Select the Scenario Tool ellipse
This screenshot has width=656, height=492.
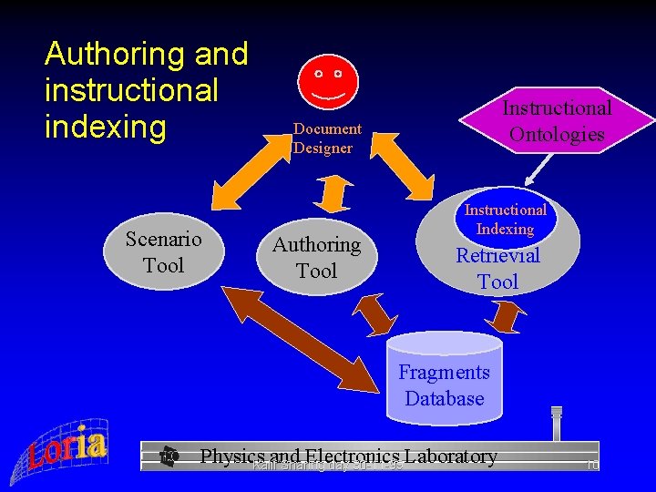(x=163, y=252)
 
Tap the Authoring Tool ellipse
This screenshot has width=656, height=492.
(x=317, y=257)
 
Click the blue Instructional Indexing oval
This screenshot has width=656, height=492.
(x=505, y=219)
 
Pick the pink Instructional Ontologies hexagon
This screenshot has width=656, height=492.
(x=557, y=120)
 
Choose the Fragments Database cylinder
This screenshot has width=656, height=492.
(x=445, y=378)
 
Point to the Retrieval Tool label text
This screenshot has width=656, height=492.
(x=498, y=269)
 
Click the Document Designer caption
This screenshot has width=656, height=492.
(x=327, y=138)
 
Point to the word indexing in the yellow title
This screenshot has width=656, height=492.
(x=106, y=127)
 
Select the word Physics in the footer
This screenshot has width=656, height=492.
(x=232, y=456)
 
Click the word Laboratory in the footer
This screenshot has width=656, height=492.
(x=452, y=456)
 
